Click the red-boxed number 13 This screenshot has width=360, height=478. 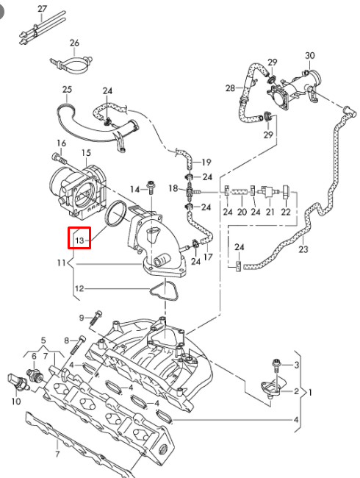[79, 238]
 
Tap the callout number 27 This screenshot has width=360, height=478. [42, 8]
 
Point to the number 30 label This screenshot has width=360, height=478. [309, 56]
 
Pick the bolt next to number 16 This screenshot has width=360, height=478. [59, 157]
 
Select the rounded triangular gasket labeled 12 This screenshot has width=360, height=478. [163, 289]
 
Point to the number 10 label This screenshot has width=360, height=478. [15, 402]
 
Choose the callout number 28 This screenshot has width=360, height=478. [230, 88]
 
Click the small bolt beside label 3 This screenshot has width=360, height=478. [276, 363]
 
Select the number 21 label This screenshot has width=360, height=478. [270, 212]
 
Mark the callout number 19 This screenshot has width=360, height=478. [206, 162]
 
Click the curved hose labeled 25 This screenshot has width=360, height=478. [73, 118]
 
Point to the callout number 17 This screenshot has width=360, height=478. [208, 257]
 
